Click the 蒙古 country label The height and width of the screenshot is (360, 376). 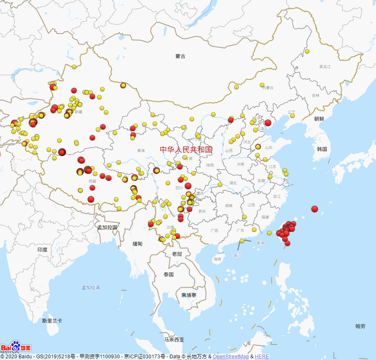180,56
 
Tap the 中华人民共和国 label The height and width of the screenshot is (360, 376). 186,149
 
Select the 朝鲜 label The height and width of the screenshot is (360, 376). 319,119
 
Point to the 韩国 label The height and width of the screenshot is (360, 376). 322,149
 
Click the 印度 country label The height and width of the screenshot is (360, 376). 42,249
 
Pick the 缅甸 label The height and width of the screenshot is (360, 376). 138,244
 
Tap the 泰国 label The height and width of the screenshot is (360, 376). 169,275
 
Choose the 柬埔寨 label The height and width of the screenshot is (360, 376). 189,295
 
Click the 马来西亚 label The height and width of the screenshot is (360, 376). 174,339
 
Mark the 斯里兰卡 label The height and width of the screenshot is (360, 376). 52,320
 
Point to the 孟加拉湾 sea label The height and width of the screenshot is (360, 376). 91,288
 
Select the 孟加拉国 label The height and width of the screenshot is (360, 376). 107,227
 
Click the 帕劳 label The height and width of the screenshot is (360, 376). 360,326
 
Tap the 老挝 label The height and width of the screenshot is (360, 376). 177,254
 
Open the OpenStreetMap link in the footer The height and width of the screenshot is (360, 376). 230,357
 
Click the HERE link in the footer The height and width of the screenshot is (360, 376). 262,357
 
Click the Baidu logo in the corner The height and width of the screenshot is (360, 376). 16,347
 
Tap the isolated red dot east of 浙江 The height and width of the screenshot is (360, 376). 315,209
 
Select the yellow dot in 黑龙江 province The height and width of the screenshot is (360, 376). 307,51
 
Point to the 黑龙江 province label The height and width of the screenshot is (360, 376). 325,66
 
